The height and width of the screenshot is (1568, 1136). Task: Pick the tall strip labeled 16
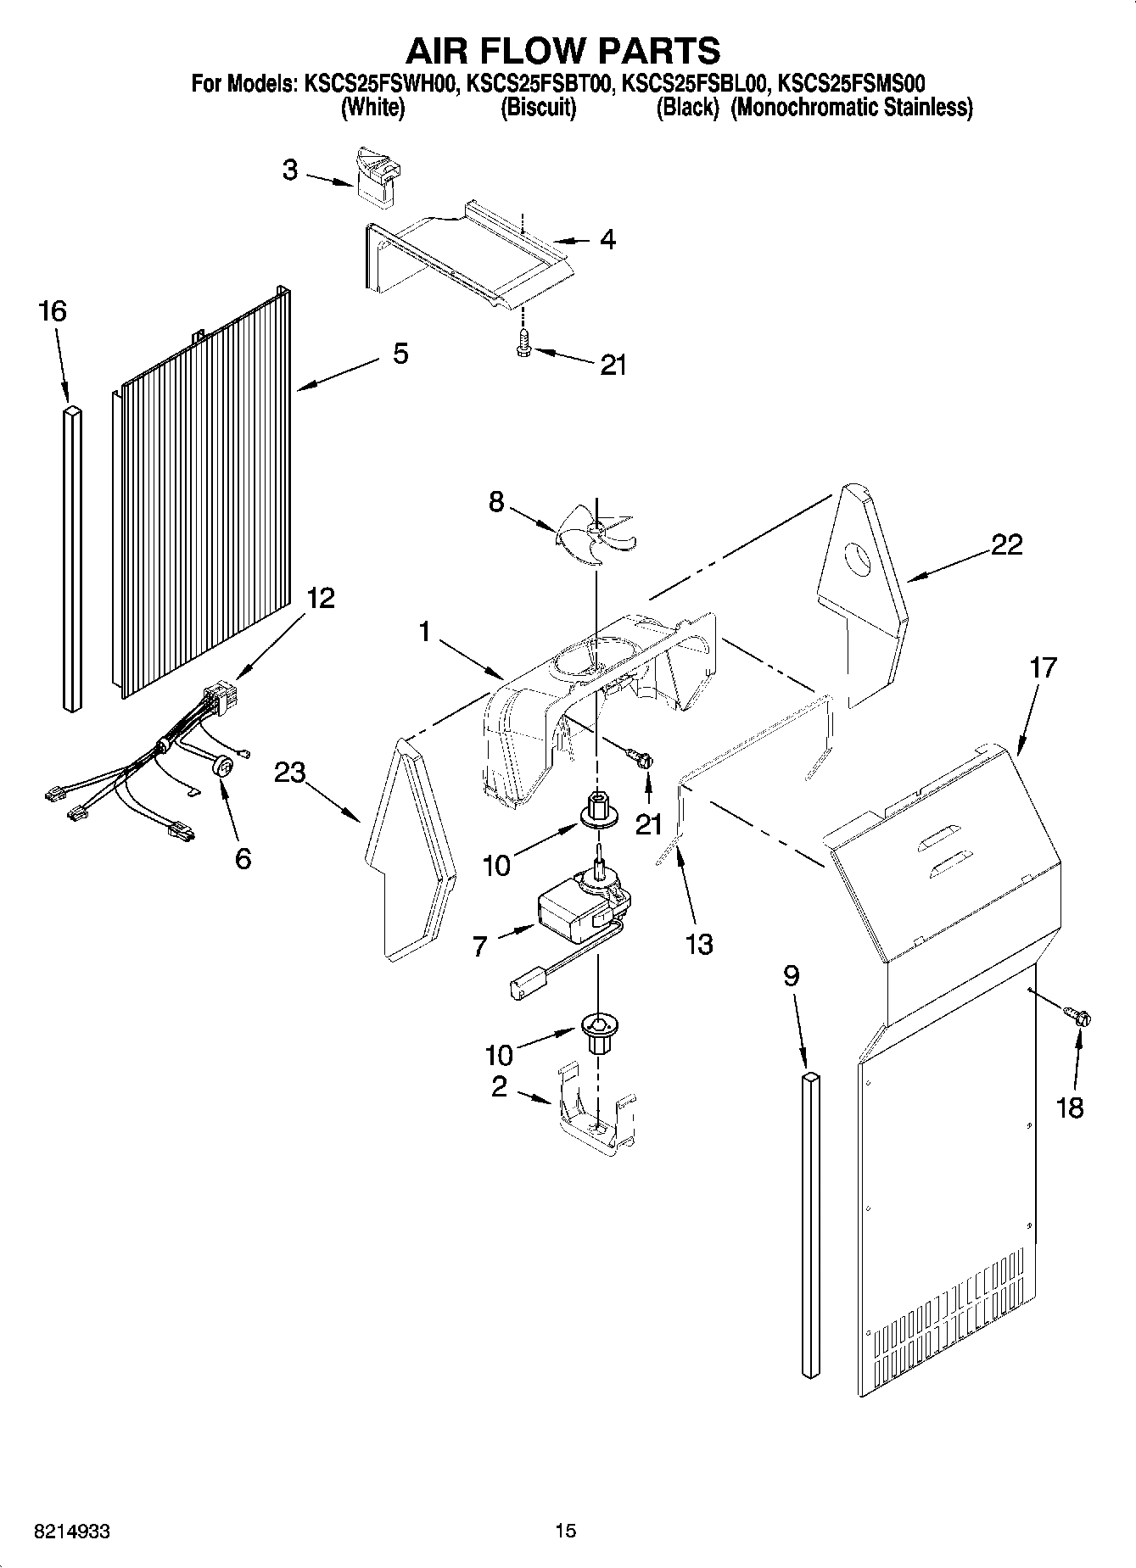click(73, 555)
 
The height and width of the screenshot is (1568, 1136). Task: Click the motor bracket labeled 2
click(598, 1114)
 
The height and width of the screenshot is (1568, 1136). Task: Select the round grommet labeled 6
click(224, 766)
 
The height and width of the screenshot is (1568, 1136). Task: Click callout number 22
click(1006, 544)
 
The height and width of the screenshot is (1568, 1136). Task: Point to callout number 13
click(699, 944)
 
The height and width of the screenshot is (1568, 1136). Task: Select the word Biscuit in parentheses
click(538, 109)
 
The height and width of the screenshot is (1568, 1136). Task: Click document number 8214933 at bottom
click(72, 1531)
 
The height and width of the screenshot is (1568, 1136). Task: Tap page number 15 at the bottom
click(566, 1531)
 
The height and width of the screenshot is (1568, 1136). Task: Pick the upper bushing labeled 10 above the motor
click(599, 809)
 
